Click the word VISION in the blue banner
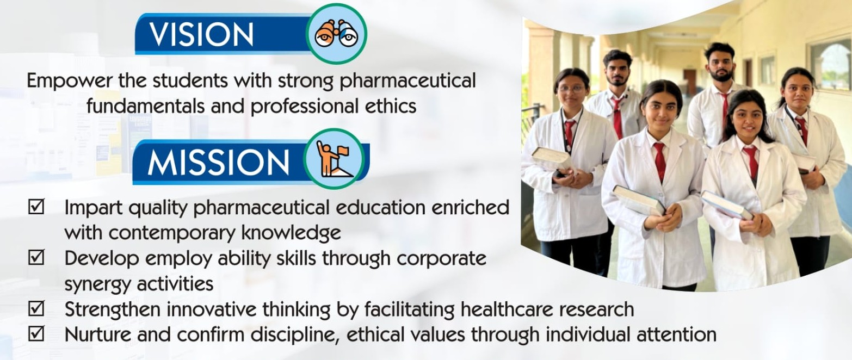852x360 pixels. coord(201,34)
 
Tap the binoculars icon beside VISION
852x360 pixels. coord(337,34)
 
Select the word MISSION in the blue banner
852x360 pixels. coord(218,162)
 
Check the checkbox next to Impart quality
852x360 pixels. coord(36,207)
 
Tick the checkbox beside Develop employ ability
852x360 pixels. coord(36,257)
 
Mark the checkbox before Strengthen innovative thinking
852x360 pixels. coord(36,308)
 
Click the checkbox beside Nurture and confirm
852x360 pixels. coord(36,334)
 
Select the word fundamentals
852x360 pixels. coord(146,106)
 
